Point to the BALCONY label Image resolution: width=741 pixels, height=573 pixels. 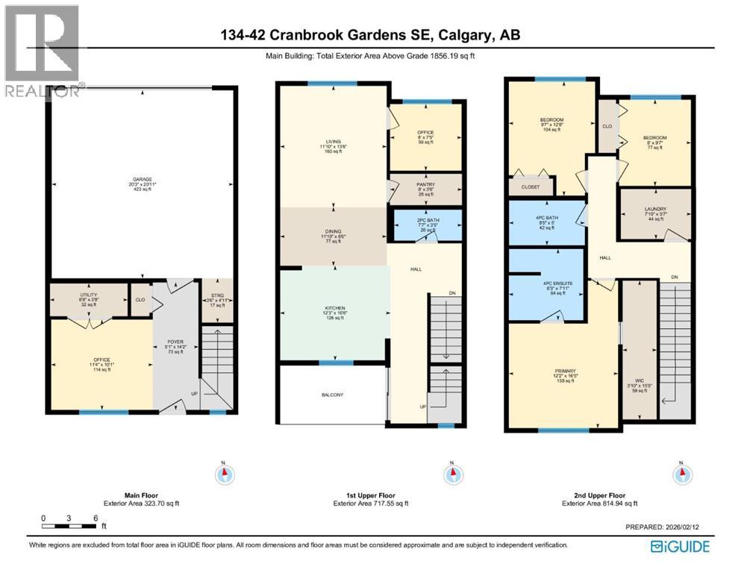pos(333,395)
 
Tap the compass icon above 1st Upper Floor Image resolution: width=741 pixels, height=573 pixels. pos(451,474)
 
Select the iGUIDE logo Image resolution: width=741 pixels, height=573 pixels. pos(680,546)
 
